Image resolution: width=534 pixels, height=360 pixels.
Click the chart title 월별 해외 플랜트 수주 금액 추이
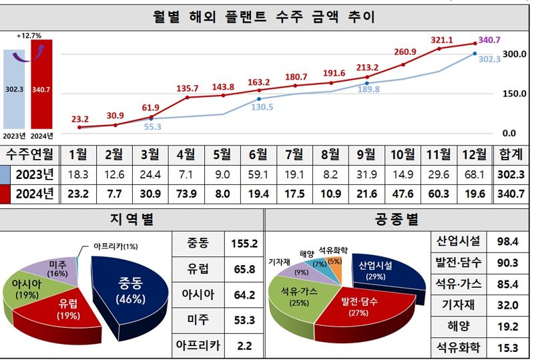click(x=264, y=17)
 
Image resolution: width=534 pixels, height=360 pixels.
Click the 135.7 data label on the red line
click(x=187, y=88)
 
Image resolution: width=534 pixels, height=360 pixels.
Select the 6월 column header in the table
click(x=258, y=154)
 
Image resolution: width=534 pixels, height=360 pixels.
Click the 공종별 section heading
click(x=398, y=219)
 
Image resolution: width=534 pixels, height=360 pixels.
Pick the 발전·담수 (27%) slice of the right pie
click(x=359, y=307)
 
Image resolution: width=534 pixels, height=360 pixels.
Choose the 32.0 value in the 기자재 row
click(x=508, y=305)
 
